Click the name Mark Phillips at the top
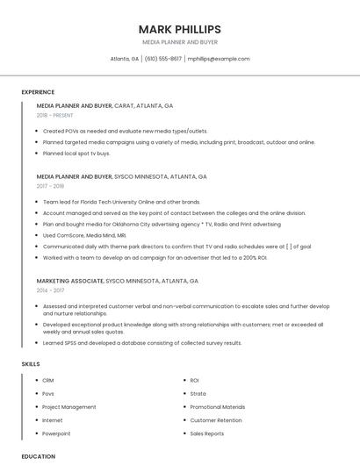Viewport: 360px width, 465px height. tap(179, 29)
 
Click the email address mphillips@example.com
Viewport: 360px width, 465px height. tap(219, 59)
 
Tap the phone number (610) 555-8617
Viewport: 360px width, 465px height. tap(163, 59)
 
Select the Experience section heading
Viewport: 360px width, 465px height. tap(38, 92)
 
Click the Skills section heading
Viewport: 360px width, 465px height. tap(31, 363)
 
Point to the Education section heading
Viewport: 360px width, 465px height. tap(39, 456)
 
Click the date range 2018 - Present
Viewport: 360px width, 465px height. tap(55, 116)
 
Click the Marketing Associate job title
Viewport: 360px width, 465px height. tap(69, 281)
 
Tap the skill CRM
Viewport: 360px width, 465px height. tap(48, 380)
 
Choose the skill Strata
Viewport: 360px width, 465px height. tap(198, 393)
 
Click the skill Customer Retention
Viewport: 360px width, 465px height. tap(216, 420)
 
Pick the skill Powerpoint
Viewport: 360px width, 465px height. tap(56, 433)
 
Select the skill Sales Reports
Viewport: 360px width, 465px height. tap(207, 433)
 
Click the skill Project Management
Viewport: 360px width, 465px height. tap(69, 407)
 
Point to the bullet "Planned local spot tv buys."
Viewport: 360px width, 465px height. tap(76, 153)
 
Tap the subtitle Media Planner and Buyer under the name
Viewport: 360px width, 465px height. tap(179, 42)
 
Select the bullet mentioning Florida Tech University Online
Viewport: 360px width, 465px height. tap(121, 201)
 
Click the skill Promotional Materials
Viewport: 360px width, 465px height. tap(218, 407)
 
